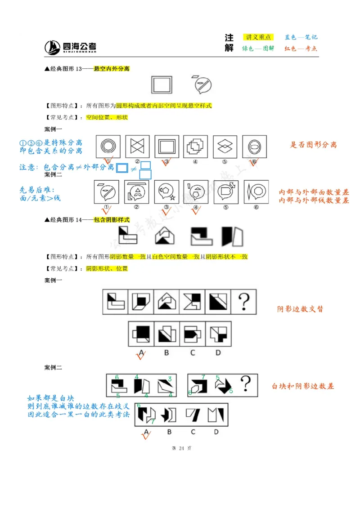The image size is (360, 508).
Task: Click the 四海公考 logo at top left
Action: coord(70,47)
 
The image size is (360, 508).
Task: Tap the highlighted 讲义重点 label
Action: coord(258,37)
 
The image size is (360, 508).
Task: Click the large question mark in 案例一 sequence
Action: coord(243,301)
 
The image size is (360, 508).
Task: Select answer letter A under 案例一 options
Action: coord(141,352)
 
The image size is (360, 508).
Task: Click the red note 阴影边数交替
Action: coord(300,309)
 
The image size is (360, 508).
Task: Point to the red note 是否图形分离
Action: coord(313,145)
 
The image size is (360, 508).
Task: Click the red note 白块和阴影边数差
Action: coord(303,386)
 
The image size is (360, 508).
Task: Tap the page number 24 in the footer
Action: coord(182,448)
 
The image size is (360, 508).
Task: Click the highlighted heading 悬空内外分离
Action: coord(112,69)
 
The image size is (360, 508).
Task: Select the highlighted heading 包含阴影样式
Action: coord(112,220)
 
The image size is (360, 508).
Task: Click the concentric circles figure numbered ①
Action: coord(108,147)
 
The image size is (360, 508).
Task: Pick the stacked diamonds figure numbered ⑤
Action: coord(225,147)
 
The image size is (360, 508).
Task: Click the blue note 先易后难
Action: coord(36,190)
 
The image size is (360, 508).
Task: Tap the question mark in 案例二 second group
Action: coord(246,384)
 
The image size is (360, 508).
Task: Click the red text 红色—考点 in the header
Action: coord(301,49)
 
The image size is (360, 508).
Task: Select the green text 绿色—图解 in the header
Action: coord(258,49)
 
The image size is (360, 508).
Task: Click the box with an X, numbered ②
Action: coord(137,147)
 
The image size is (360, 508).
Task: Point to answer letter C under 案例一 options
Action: coord(193,352)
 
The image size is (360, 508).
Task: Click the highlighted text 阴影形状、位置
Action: coord(107,268)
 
